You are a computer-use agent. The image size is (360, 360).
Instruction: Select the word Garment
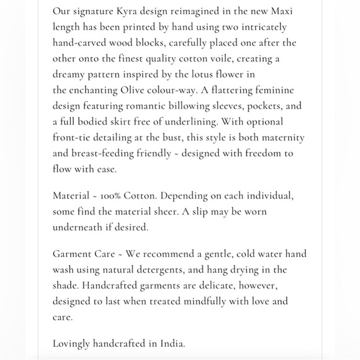(x=73, y=254)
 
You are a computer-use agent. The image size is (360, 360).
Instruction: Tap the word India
(x=171, y=343)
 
